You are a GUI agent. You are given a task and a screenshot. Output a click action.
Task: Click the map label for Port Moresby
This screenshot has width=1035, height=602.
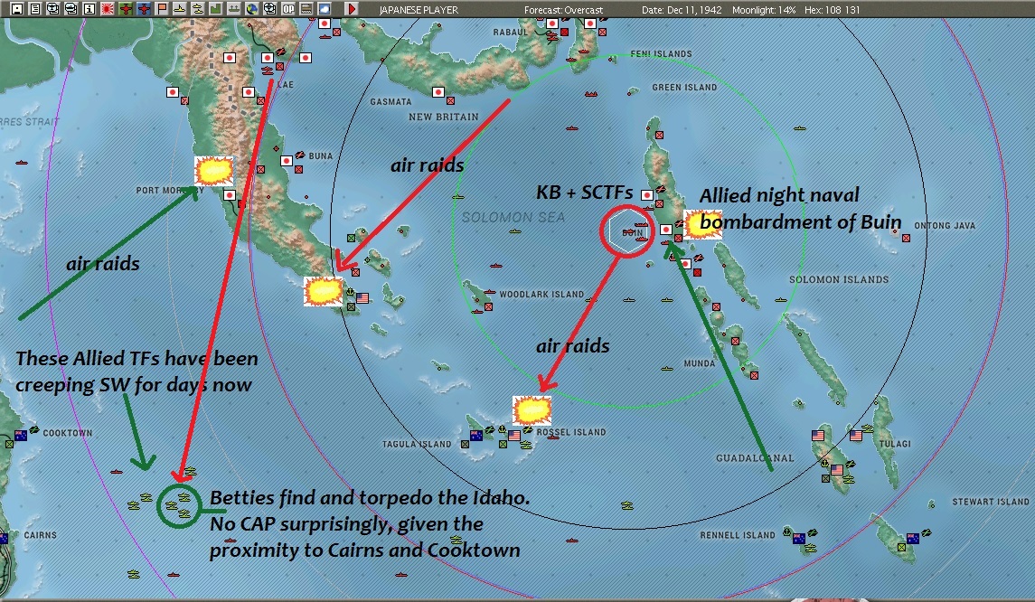(161, 191)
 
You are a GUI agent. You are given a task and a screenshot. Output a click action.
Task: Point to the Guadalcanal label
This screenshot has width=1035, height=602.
(755, 458)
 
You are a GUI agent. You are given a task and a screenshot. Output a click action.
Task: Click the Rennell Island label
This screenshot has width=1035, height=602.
(739, 535)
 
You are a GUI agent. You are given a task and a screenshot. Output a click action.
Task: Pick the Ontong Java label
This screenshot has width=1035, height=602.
(946, 225)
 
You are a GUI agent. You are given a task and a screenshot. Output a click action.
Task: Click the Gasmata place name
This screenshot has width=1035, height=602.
(391, 102)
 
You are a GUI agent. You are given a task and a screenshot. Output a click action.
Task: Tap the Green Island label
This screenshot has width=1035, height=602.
(684, 88)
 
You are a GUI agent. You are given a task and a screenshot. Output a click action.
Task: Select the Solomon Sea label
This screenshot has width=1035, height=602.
(513, 218)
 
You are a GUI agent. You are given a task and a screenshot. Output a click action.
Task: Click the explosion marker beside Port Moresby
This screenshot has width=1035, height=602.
(214, 171)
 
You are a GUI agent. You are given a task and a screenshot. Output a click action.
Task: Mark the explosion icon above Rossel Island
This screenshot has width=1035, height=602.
(532, 410)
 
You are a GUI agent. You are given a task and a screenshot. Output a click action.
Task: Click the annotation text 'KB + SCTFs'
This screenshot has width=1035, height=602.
(585, 192)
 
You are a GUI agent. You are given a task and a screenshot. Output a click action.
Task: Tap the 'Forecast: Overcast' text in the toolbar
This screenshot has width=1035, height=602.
(563, 10)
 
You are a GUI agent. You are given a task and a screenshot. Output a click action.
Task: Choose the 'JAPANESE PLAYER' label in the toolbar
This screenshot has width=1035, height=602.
(419, 10)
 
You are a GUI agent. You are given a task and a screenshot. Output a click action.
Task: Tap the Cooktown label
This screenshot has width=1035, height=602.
(68, 433)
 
